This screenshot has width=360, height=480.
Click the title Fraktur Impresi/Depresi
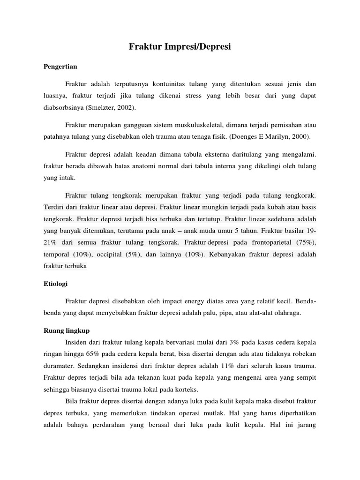click(x=180, y=47)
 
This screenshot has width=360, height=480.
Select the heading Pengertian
click(x=60, y=67)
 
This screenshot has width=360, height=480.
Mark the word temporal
click(x=56, y=254)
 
